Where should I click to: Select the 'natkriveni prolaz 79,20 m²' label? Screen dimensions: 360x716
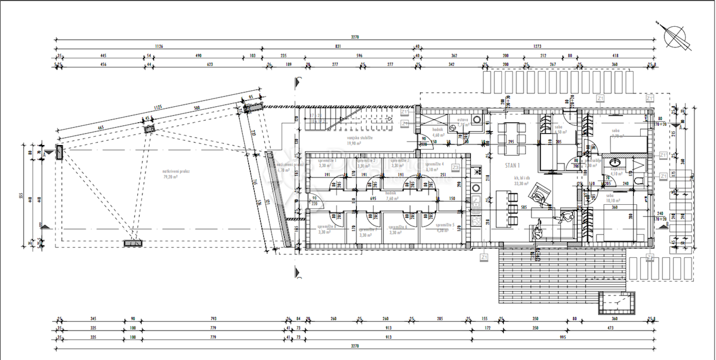pos(177,175)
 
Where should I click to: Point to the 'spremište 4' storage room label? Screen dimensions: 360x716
pos(434,166)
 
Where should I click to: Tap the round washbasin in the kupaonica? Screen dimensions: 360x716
pos(613,163)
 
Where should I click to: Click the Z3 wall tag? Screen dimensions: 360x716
pos(455,167)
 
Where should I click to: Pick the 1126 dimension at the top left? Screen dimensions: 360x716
pos(159,45)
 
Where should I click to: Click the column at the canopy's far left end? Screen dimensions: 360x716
pos(60,152)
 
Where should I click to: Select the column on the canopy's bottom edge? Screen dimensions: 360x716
pos(132,244)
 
